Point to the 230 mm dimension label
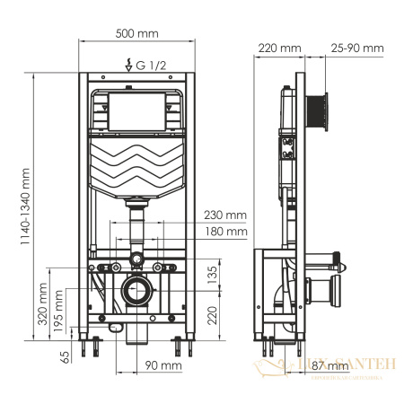pyautogui.click(x=224, y=215)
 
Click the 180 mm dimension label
pyautogui.click(x=224, y=231)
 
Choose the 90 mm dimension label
pyautogui.click(x=163, y=365)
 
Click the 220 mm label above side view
pyautogui.click(x=277, y=47)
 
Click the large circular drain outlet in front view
pyautogui.click(x=138, y=292)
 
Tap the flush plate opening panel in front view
pyautogui.click(x=137, y=109)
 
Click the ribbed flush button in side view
pyautogui.click(x=319, y=110)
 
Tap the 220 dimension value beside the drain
pyautogui.click(x=212, y=314)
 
